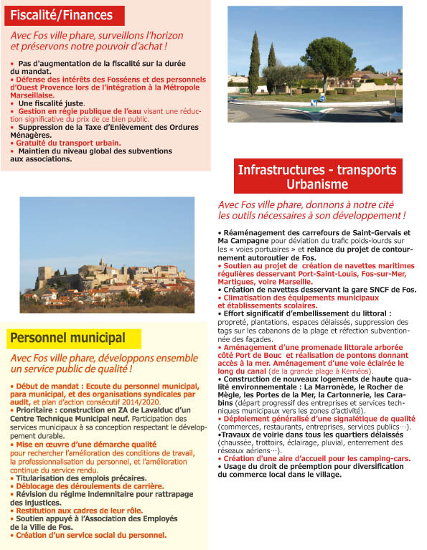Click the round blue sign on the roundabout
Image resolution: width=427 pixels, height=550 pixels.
tap(322, 98)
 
